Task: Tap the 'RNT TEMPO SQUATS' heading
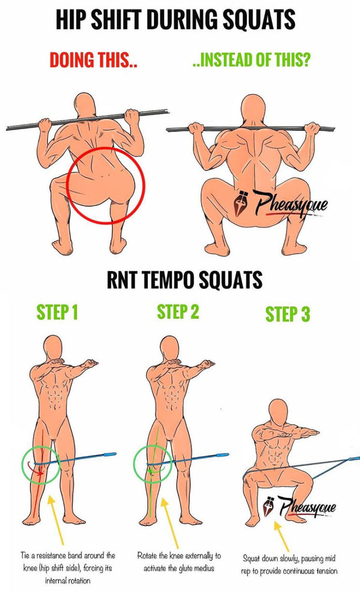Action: click(184, 280)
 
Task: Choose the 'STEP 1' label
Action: click(57, 313)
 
